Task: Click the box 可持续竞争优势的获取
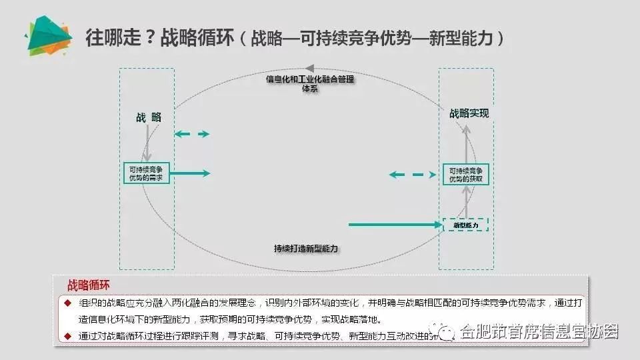466,174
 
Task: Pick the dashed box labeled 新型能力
466,225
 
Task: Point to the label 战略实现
469,113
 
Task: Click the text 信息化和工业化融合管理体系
310,83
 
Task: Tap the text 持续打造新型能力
306,248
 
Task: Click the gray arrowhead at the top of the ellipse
309,68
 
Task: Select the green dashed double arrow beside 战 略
192,134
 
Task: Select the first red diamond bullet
67,303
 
